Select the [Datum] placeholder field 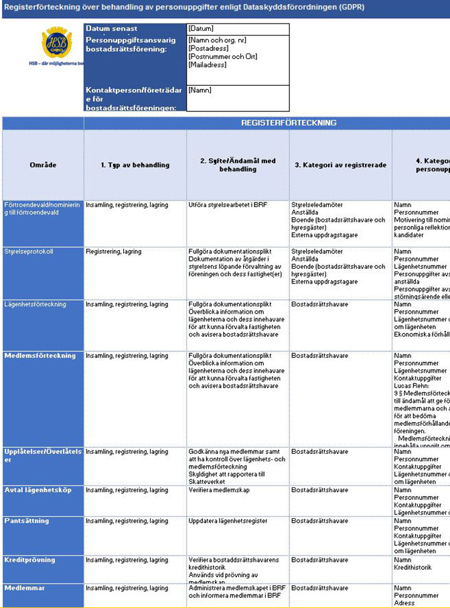201,29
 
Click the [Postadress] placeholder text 208,48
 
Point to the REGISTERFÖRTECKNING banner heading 289,123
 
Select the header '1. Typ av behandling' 135,165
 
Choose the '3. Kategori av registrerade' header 341,165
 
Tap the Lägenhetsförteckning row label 35,304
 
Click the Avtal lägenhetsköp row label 37,490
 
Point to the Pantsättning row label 26,520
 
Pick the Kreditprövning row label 29,560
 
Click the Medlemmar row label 25,588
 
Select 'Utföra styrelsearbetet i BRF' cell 228,204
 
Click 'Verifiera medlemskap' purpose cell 220,490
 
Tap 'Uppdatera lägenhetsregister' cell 228,521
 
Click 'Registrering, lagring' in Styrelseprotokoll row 113,252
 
